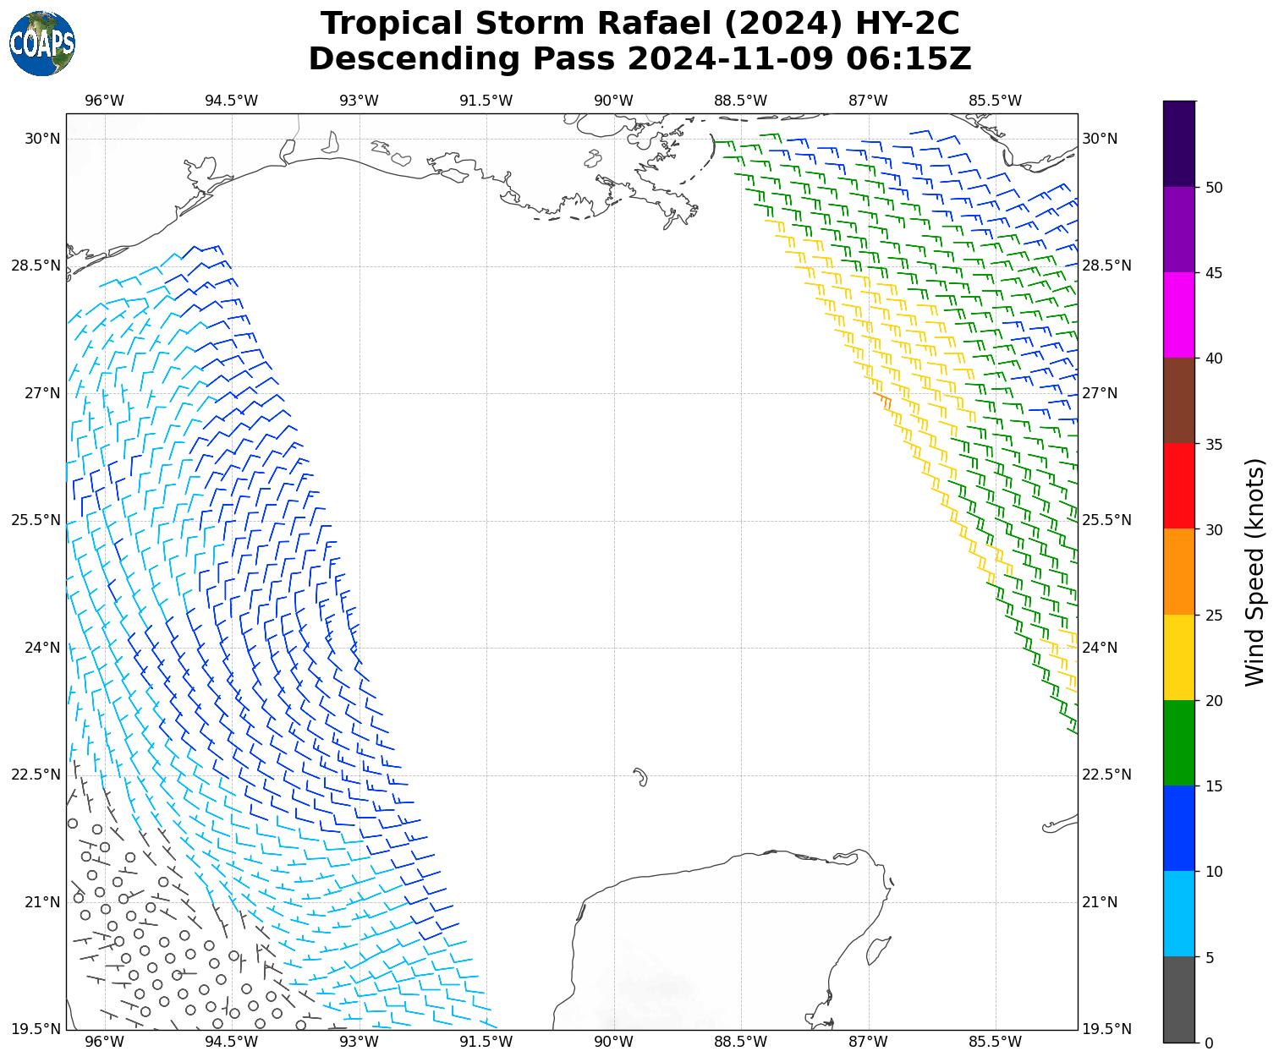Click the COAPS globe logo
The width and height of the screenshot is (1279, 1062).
42,43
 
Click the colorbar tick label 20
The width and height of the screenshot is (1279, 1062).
1214,700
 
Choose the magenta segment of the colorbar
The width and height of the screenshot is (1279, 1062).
1179,315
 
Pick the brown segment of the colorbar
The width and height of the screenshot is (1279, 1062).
1179,401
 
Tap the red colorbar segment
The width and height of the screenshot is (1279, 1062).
1179,486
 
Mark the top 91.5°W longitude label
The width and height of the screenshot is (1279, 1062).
486,101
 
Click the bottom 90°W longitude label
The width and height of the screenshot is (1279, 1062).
613,1042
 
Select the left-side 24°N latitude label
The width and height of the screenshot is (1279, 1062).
36,648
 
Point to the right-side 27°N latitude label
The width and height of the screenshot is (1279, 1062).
1100,393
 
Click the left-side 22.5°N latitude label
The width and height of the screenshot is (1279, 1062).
36,775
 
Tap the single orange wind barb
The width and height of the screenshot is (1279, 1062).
882,399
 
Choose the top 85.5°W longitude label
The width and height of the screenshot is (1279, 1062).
995,101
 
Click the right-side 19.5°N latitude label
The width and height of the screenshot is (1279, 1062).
1105,1029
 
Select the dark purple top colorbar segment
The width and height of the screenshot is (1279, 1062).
1179,144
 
